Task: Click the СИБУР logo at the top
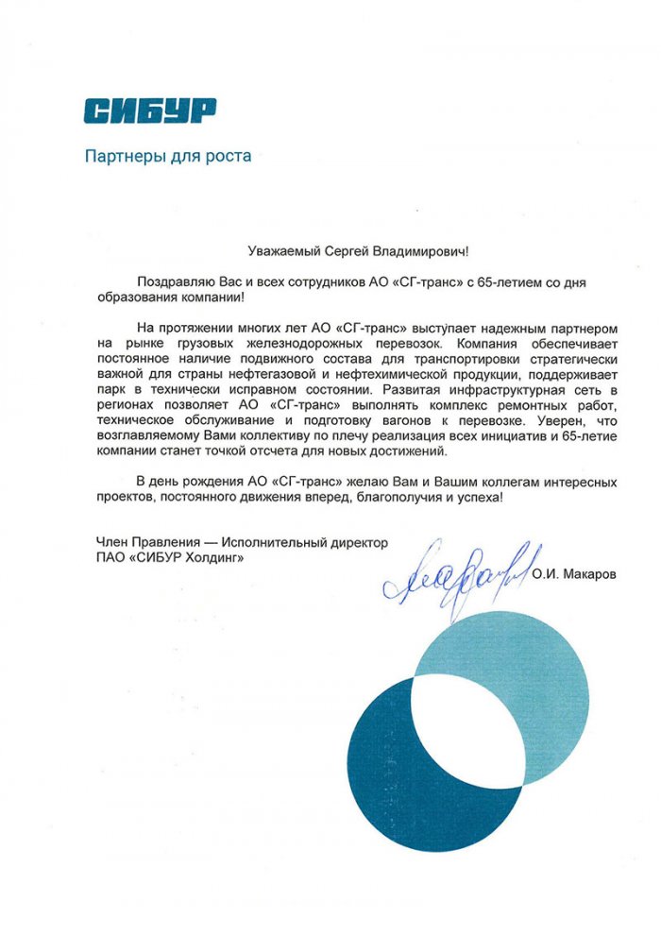point(149,110)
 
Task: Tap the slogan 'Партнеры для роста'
point(168,156)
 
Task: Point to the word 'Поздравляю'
point(175,281)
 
